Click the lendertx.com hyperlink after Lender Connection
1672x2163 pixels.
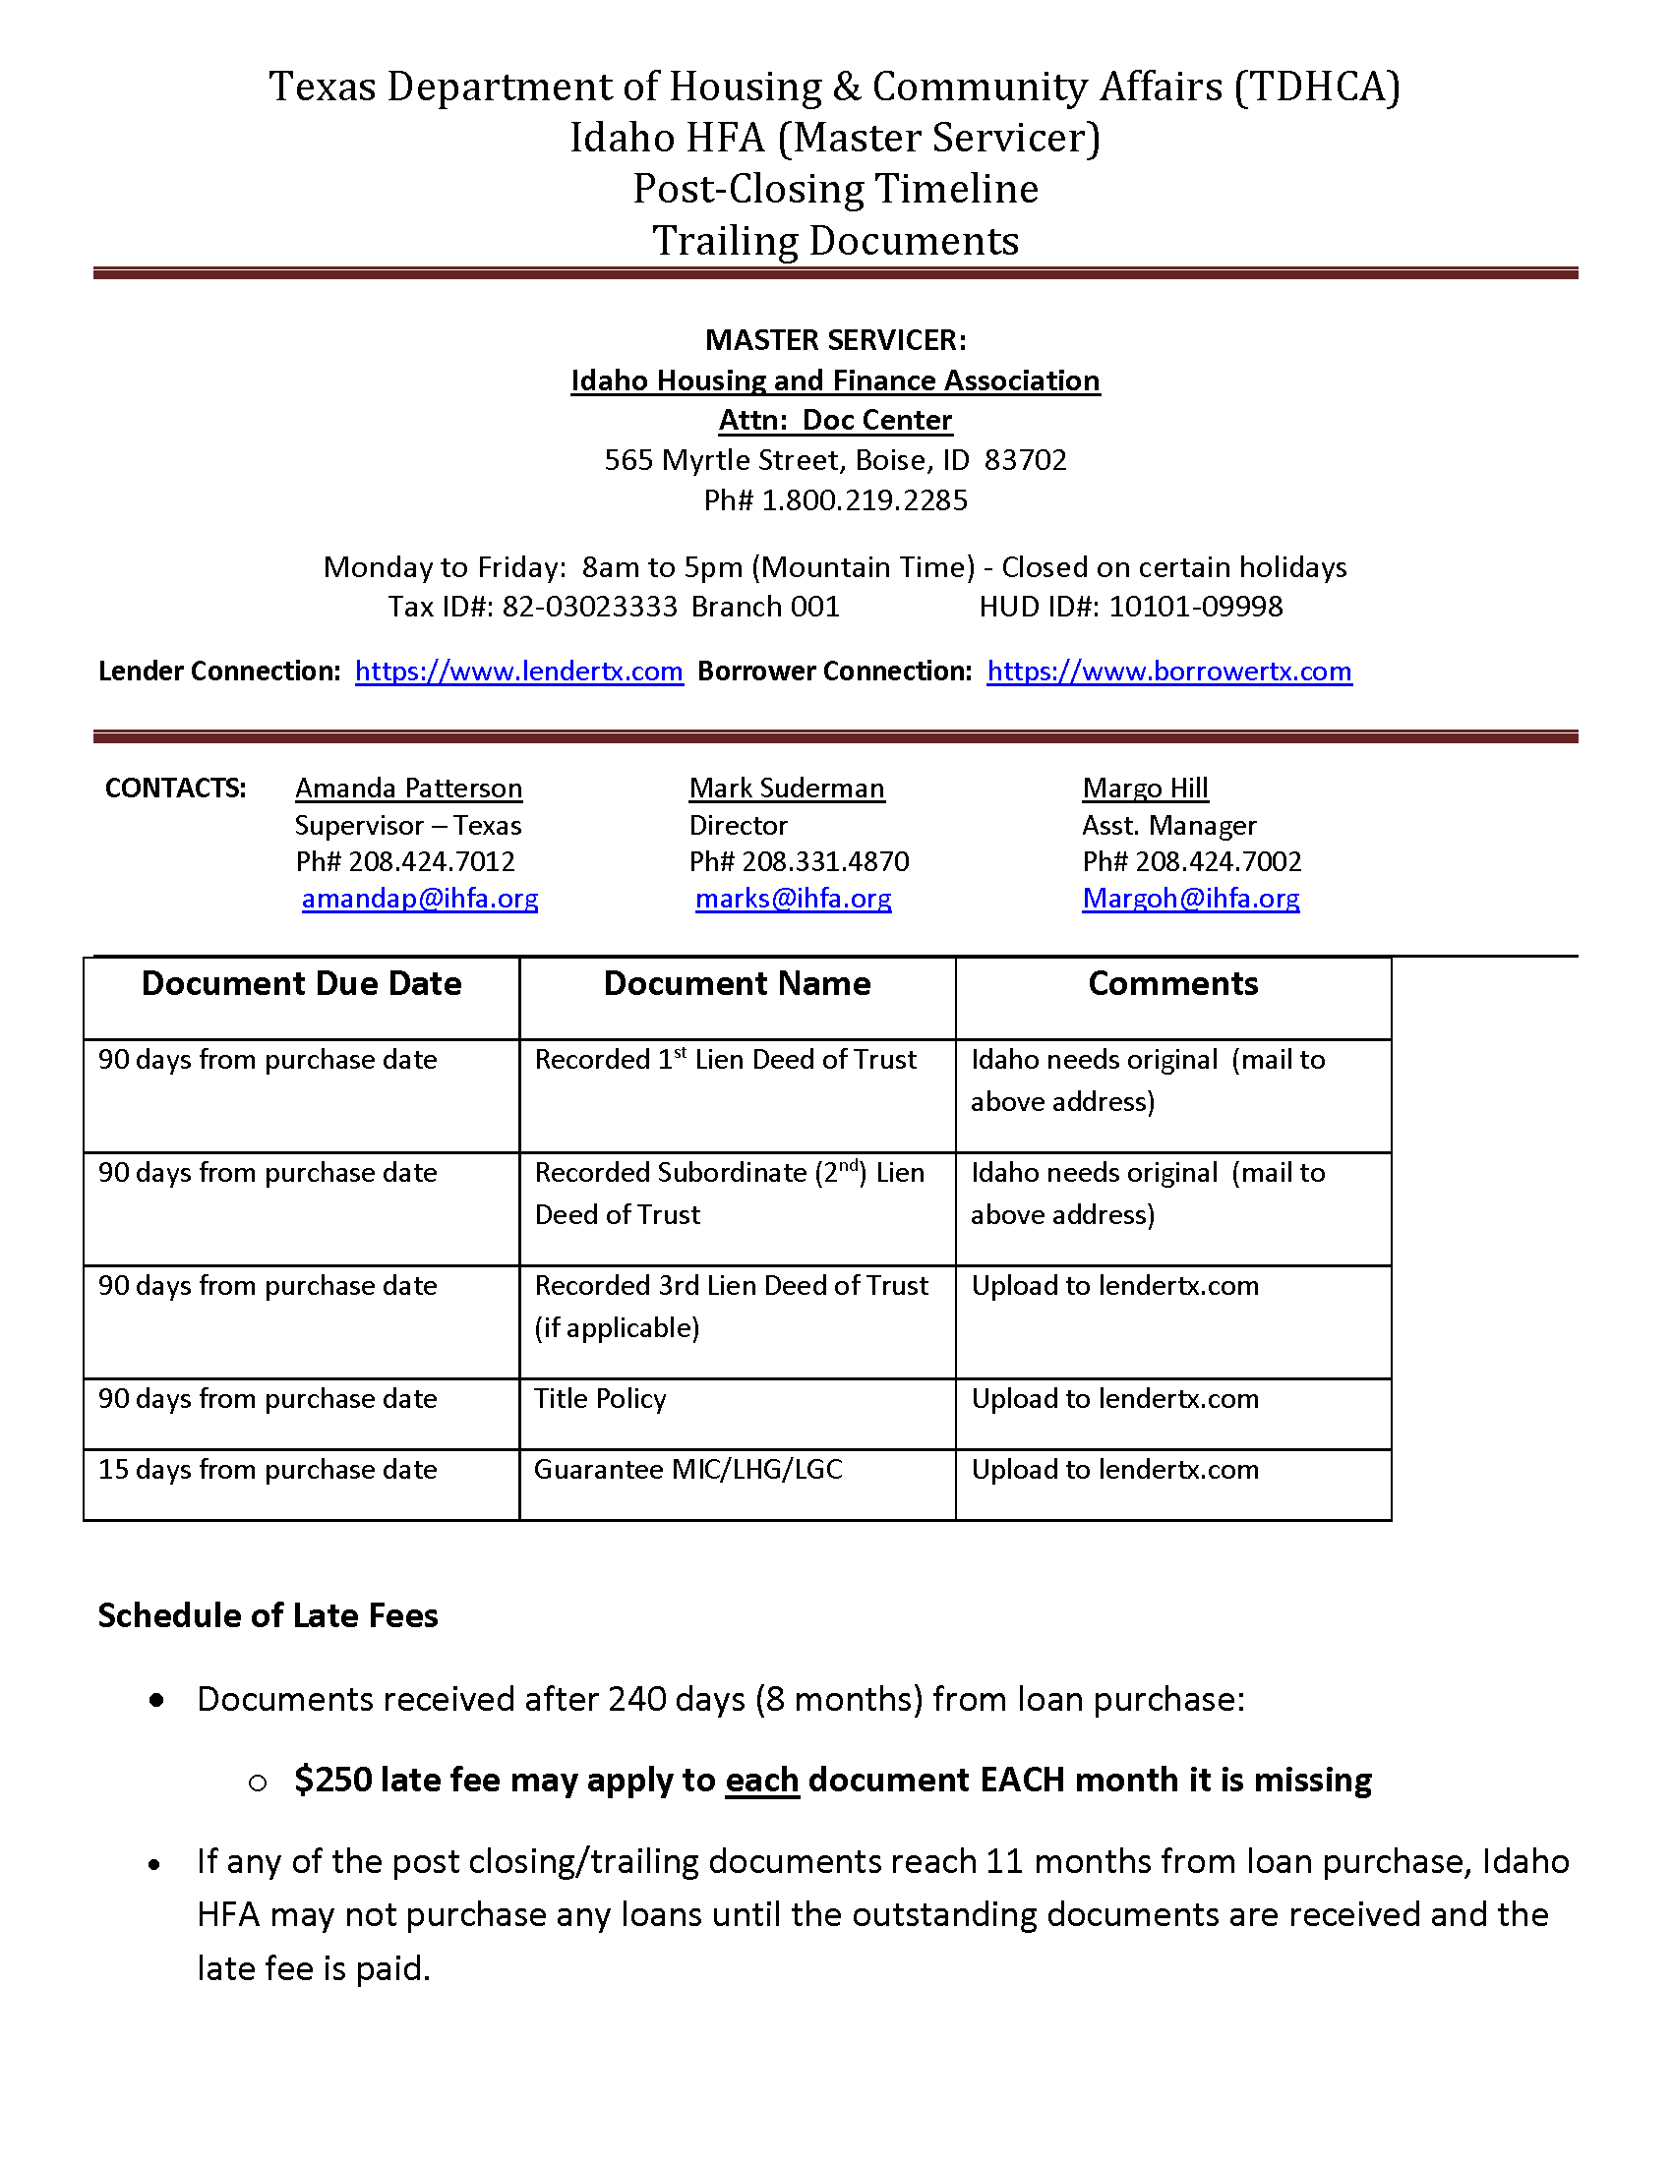pos(518,672)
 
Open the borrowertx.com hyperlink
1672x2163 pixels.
pos(1168,672)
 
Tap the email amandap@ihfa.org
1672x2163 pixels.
pos(420,899)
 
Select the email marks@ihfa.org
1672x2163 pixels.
pos(794,899)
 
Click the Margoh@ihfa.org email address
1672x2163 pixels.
pos(1191,899)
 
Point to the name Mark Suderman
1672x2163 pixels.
pos(787,789)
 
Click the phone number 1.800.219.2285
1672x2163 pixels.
pos(864,500)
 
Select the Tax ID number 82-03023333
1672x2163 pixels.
pos(589,606)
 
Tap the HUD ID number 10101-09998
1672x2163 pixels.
pos(1196,606)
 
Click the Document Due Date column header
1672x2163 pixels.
pos(301,983)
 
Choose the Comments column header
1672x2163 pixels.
pos(1172,983)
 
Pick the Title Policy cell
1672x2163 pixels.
pos(600,1398)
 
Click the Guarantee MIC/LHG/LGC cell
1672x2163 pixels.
pos(688,1469)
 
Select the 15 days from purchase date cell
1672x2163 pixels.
pos(268,1469)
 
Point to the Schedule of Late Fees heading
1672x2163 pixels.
pos(268,1615)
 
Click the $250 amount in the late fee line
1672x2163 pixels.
pos(331,1780)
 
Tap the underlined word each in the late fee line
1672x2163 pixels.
pos(761,1780)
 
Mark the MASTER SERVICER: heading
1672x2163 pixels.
pos(835,340)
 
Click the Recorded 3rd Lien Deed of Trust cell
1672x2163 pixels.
pos(731,1286)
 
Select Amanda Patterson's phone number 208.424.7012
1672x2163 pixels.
pos(432,861)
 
